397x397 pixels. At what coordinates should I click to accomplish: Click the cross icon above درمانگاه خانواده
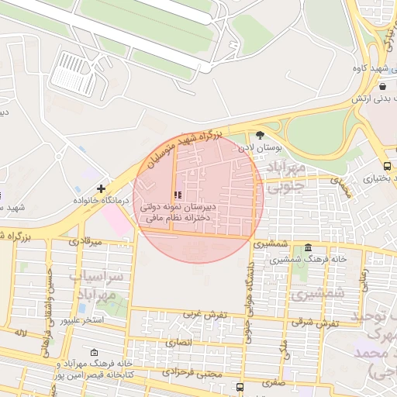point(101,188)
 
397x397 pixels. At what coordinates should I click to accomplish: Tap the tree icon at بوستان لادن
point(260,135)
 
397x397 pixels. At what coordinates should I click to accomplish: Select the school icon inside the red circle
point(178,195)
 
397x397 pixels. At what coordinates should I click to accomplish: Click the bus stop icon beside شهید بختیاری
point(388,166)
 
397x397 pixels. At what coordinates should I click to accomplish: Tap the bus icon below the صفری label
point(240,386)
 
